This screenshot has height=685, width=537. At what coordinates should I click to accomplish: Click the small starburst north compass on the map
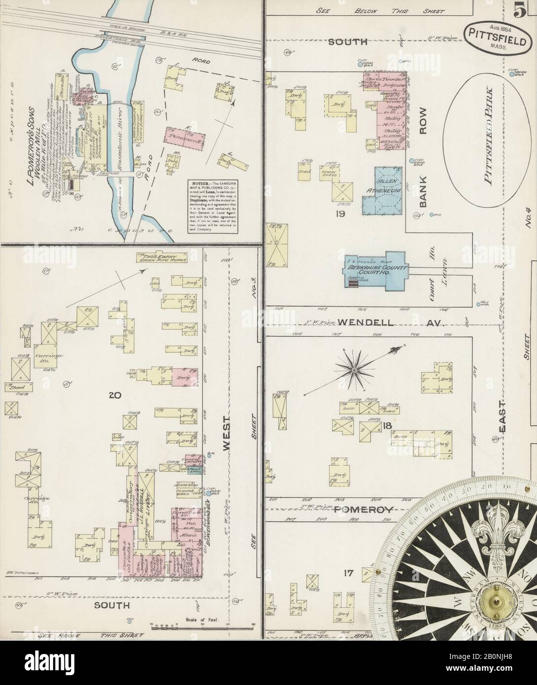[354, 369]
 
